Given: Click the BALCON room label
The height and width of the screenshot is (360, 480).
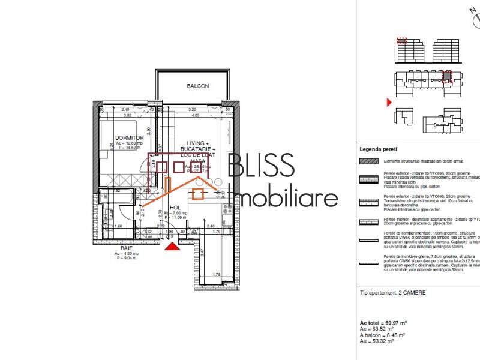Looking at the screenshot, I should tap(197, 86).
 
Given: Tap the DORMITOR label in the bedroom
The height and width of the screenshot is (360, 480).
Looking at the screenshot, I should tap(129, 137).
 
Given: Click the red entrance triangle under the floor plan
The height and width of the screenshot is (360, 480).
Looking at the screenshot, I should tap(173, 245).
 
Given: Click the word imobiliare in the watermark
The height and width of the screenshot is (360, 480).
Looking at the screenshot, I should tap(286, 198).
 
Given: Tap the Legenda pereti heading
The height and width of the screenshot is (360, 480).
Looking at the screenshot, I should tap(378, 149).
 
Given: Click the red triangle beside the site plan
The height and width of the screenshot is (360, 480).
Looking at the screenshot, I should tap(389, 103).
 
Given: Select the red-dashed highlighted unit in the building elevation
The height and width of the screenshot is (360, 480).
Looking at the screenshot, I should tap(403, 41).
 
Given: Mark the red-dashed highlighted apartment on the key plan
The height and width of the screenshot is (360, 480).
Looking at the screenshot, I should tap(445, 77).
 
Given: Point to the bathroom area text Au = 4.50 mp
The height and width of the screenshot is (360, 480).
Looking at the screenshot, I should tap(126, 254).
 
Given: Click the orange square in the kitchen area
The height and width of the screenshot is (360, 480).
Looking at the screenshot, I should tap(198, 193).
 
